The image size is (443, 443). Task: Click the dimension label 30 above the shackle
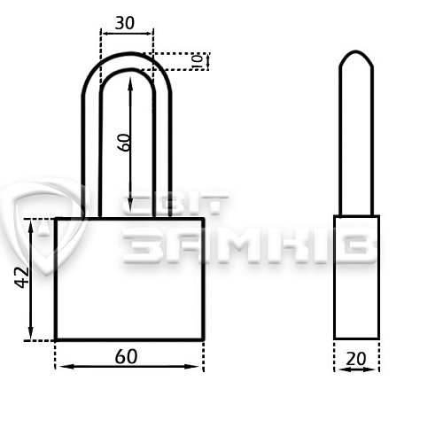(125, 23)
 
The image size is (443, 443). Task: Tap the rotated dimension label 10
(198, 61)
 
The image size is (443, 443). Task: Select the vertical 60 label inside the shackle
(123, 143)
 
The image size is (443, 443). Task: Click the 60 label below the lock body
(126, 356)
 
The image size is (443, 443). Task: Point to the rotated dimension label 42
(22, 277)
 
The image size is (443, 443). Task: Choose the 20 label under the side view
(356, 359)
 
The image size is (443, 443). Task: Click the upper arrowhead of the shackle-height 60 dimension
(130, 82)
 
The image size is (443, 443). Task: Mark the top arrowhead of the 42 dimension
(31, 226)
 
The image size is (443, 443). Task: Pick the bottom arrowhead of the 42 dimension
(31, 333)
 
